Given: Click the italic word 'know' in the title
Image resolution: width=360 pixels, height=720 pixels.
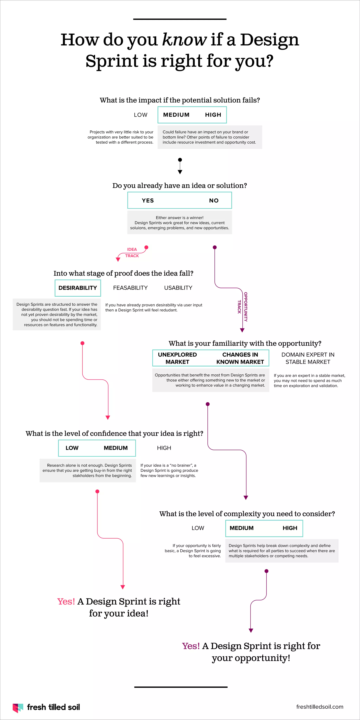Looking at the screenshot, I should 184,40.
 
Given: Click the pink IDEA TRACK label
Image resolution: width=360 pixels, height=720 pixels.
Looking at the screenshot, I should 132,252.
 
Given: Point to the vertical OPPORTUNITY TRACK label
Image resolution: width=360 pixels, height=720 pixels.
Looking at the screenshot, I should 243,307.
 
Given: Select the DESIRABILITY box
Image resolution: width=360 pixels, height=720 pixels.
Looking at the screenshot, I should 78,288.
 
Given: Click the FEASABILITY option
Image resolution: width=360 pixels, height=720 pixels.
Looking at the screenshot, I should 130,288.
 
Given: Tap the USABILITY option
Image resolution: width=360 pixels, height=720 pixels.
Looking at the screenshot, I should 178,288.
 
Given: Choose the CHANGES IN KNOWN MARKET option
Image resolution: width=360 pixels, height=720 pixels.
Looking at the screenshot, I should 240,358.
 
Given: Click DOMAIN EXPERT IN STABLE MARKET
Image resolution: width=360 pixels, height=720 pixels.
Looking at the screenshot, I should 308,358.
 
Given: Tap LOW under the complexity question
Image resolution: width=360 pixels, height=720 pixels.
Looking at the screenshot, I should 198,528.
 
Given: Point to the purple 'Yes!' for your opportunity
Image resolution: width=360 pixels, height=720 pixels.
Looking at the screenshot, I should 191,646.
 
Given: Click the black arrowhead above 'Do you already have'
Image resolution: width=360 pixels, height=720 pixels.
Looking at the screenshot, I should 180,172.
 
